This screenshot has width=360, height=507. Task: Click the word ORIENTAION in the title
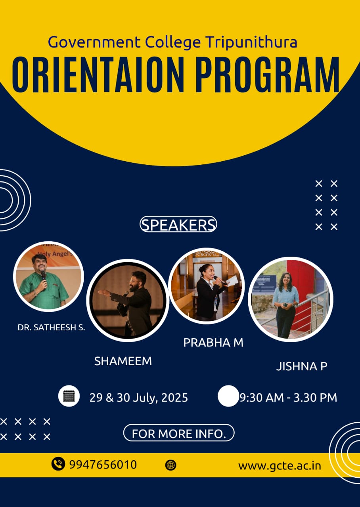click(98, 75)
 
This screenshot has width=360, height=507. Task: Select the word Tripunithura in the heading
click(251, 42)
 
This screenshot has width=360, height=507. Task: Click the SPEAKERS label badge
click(178, 224)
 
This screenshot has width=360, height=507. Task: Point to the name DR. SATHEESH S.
click(52, 328)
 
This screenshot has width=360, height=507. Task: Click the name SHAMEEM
click(123, 361)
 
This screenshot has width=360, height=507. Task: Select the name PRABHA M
click(213, 343)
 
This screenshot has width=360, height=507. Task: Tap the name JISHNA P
click(302, 366)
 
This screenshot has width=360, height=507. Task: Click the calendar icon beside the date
click(69, 396)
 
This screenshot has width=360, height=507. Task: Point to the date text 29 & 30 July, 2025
click(139, 398)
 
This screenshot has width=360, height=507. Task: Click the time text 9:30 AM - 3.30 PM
click(288, 398)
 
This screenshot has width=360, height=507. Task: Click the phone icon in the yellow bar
click(58, 464)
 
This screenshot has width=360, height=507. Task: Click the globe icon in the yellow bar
click(170, 465)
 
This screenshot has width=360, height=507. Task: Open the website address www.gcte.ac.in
click(280, 466)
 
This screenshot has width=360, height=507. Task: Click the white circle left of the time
click(228, 396)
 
